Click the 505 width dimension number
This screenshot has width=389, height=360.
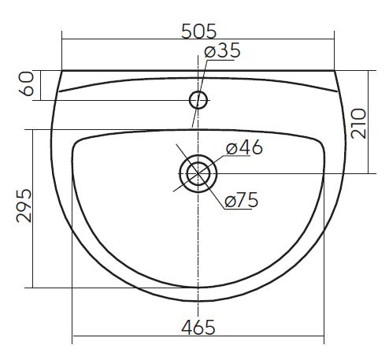pyautogui.click(x=199, y=32)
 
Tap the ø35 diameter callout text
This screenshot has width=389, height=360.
pyautogui.click(x=222, y=50)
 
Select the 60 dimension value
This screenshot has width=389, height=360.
pyautogui.click(x=26, y=84)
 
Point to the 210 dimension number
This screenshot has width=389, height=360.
pyautogui.click(x=358, y=124)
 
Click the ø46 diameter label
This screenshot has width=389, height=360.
pyautogui.click(x=244, y=147)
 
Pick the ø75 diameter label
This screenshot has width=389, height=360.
pyautogui.click(x=242, y=200)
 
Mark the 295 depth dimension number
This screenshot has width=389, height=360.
pyautogui.click(x=24, y=206)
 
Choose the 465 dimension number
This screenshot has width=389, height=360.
pyautogui.click(x=198, y=328)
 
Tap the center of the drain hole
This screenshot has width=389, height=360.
pyautogui.click(x=198, y=173)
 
